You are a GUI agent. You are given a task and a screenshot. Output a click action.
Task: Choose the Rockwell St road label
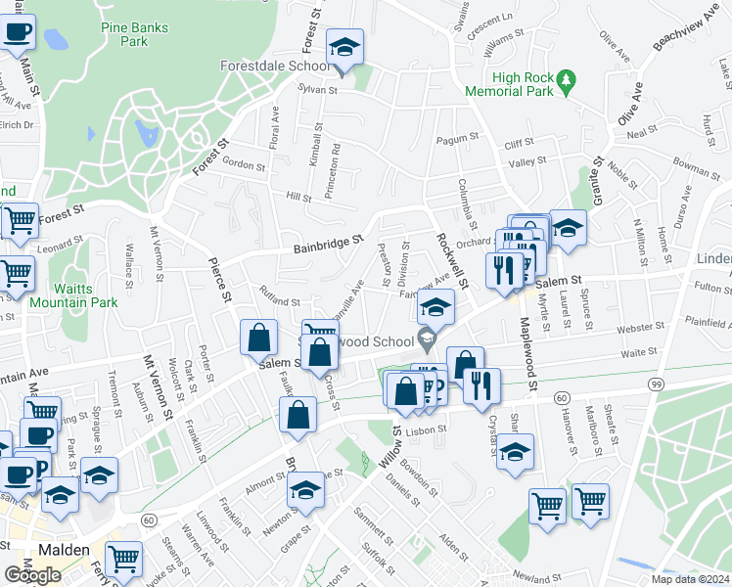coord(454,255)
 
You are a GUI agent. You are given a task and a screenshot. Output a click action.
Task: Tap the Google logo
coord(32,575)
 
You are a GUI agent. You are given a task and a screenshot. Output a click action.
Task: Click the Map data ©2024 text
coord(690,578)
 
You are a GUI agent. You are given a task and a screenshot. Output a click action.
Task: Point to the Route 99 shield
coord(653,384)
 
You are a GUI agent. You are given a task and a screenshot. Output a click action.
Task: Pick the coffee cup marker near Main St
coord(18,32)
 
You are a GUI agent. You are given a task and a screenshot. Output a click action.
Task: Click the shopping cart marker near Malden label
coord(123,560)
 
